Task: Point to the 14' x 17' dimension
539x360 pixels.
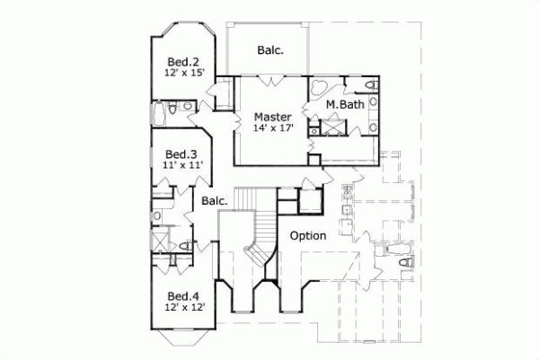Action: coord(271,128)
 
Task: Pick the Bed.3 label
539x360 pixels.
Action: coord(181,154)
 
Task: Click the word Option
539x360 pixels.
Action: coord(306,235)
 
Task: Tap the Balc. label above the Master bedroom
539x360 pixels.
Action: coord(269,50)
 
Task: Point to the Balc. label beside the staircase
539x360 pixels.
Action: coord(214,201)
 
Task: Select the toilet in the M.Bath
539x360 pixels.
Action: coord(370,86)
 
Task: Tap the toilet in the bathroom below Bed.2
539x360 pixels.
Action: coord(185,107)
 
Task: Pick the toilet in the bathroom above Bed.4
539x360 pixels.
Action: coord(183,245)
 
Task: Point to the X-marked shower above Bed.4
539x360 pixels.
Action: coord(160,241)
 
